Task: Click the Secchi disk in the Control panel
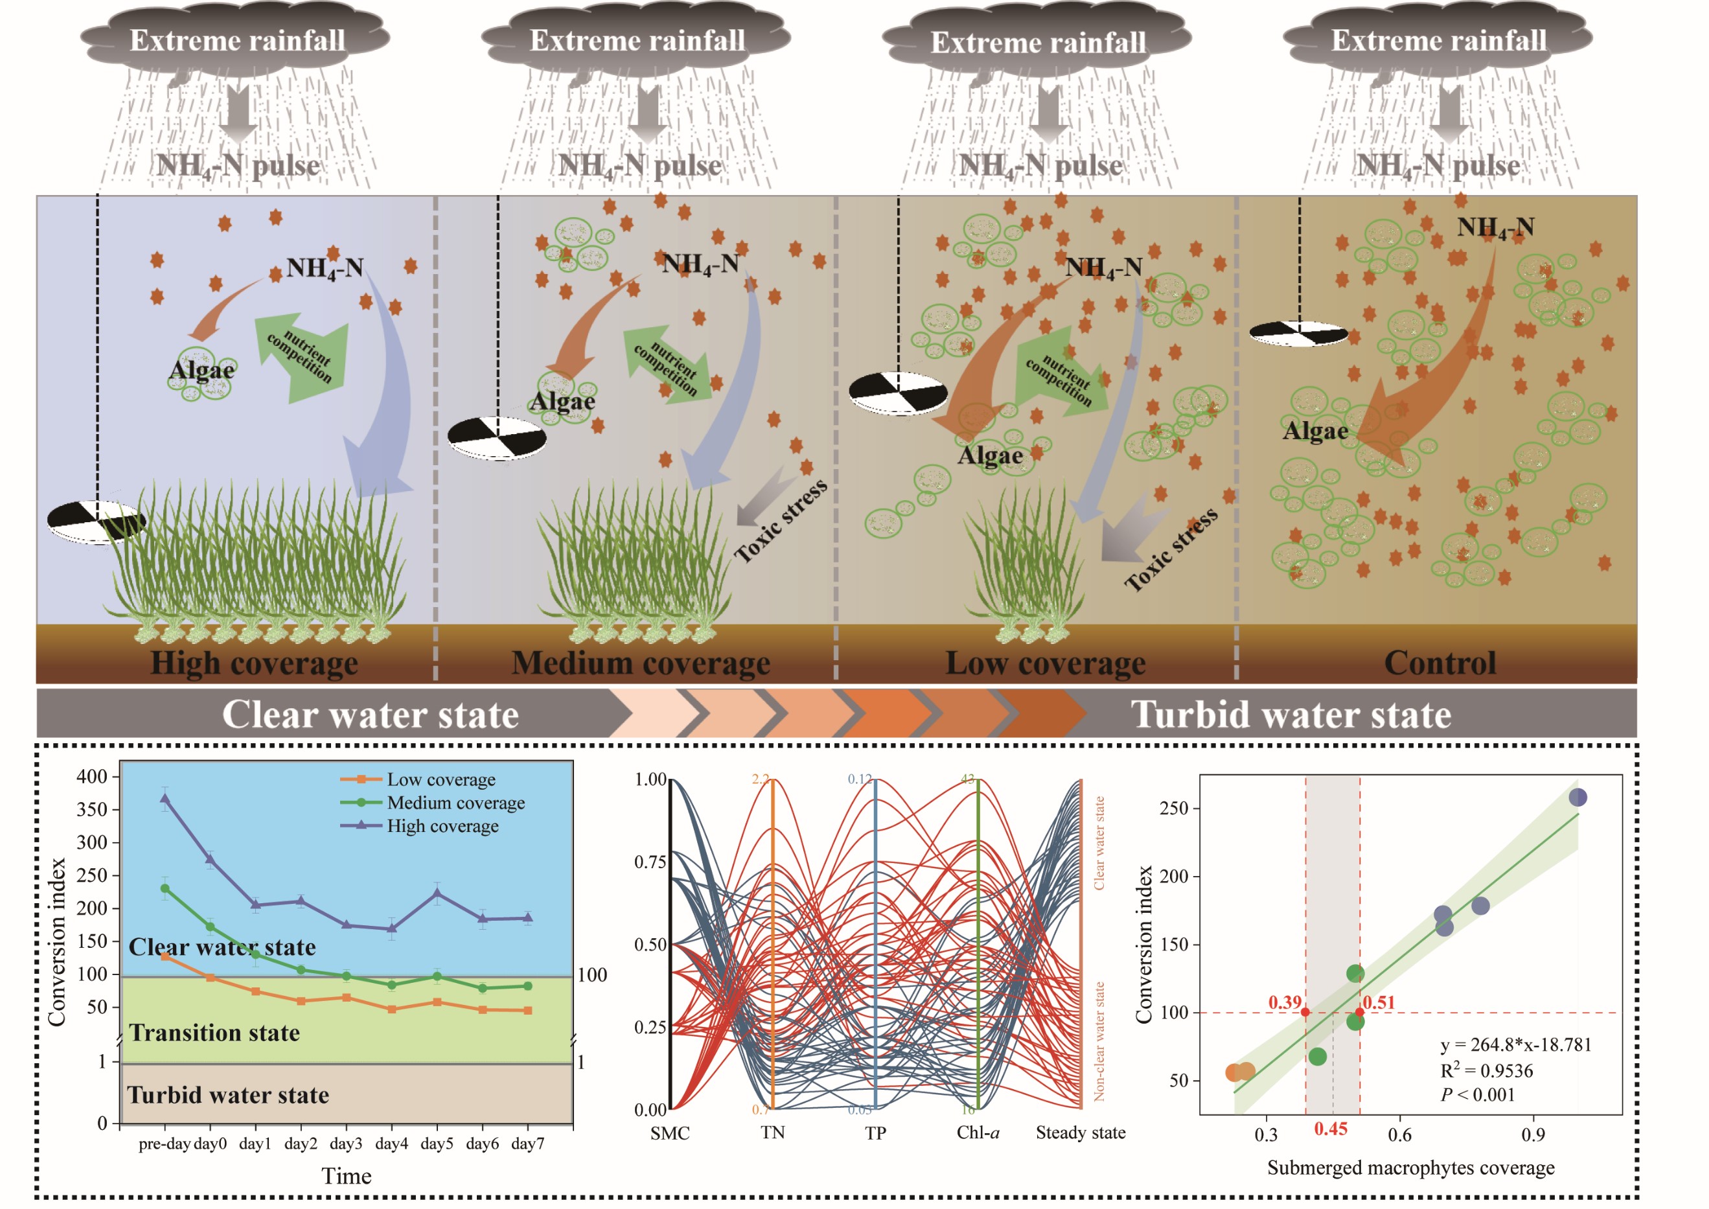click(1298, 334)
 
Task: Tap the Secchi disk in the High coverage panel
click(95, 521)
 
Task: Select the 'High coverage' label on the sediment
click(254, 663)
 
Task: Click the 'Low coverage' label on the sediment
click(1045, 663)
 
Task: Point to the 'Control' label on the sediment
click(1439, 663)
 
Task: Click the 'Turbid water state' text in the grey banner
click(1290, 715)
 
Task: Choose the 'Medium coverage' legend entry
click(455, 803)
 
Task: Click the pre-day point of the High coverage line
click(165, 799)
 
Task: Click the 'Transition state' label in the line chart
click(214, 1033)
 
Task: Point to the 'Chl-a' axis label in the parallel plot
click(978, 1133)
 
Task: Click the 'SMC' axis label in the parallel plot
click(670, 1133)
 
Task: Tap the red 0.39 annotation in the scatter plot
click(1285, 1003)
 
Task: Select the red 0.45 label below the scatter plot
click(1331, 1129)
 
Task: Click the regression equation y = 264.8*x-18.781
click(1515, 1045)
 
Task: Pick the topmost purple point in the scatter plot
click(1577, 798)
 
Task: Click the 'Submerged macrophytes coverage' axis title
click(1410, 1168)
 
